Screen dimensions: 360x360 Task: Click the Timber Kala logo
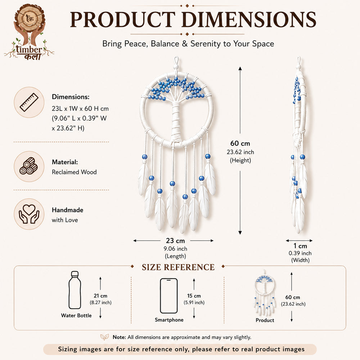click(29, 32)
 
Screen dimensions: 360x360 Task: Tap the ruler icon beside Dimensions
click(29, 102)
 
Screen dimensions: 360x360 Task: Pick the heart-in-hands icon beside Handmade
click(29, 214)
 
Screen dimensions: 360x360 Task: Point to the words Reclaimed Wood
click(74, 172)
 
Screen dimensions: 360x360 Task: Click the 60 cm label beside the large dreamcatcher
click(240, 143)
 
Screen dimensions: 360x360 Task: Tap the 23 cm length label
click(175, 240)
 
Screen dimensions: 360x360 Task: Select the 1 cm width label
click(300, 246)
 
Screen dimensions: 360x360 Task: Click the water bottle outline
click(75, 290)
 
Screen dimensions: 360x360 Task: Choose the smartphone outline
click(169, 296)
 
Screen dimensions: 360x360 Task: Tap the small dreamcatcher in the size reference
click(265, 293)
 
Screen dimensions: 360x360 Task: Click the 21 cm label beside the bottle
click(100, 296)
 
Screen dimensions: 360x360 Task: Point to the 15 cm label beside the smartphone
click(194, 296)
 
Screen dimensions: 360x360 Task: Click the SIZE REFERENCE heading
click(178, 267)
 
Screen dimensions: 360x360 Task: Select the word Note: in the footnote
click(119, 337)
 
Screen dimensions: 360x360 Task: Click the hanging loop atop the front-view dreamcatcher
click(176, 60)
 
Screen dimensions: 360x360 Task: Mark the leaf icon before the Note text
click(105, 337)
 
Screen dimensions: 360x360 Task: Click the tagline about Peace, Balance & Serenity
click(188, 44)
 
